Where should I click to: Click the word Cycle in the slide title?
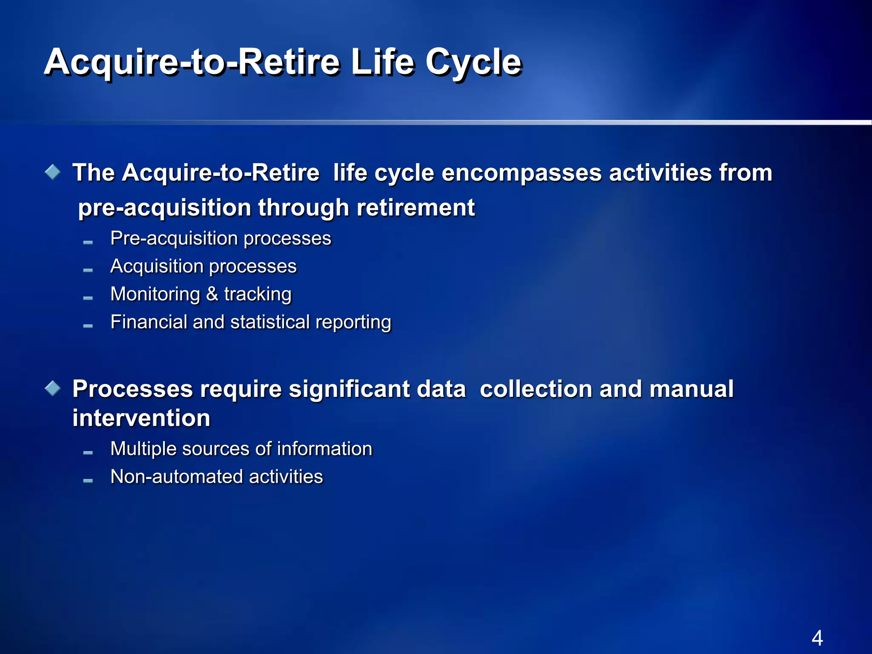[473, 63]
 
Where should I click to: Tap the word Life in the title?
[382, 62]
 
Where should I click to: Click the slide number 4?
[817, 638]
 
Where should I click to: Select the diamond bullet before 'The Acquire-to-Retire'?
[53, 172]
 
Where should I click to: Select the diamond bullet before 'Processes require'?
[53, 388]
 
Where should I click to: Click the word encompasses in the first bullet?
[521, 173]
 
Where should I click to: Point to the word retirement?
[416, 208]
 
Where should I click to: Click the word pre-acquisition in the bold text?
[165, 208]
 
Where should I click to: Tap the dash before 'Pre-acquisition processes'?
[88, 242]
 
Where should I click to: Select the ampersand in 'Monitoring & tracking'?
[212, 294]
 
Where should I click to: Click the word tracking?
[258, 294]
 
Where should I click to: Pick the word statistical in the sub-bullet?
[270, 322]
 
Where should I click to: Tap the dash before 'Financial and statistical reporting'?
[88, 326]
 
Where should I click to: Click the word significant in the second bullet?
[349, 389]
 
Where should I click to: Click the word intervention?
[141, 418]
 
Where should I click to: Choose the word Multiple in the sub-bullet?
[143, 449]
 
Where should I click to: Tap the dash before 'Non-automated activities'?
[88, 481]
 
